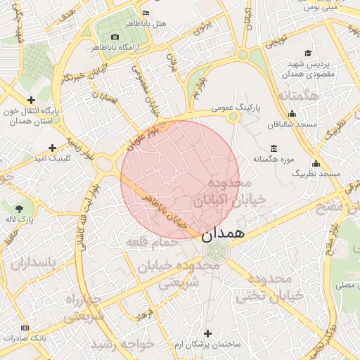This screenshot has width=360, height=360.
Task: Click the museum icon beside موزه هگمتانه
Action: (x=274, y=149)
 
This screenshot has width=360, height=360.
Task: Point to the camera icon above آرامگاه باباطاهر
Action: (x=115, y=37)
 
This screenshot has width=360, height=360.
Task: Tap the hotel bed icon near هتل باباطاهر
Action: (x=146, y=13)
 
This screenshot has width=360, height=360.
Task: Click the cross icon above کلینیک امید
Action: (x=52, y=148)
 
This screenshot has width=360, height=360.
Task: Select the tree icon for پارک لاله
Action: (x=19, y=208)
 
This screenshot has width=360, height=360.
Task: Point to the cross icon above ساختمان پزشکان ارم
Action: (x=207, y=333)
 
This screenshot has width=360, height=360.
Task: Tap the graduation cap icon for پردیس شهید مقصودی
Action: (x=308, y=53)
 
